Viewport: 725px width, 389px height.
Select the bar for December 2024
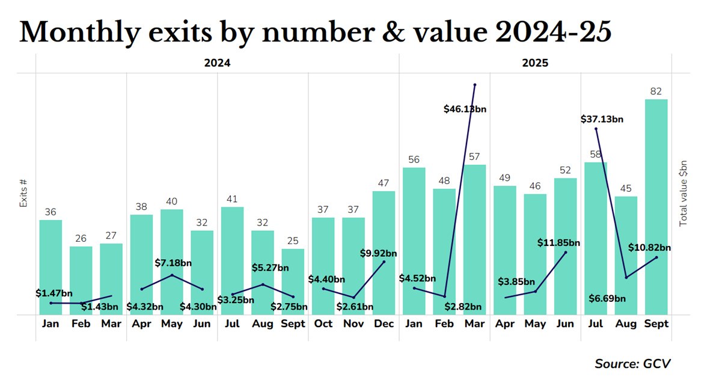[x=384, y=253]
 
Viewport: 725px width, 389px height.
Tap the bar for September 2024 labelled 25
[x=293, y=281]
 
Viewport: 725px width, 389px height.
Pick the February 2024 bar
[x=81, y=280]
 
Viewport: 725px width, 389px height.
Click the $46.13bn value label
[x=465, y=109]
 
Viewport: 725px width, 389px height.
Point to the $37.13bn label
[x=602, y=119]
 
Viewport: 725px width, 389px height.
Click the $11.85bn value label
[x=558, y=243]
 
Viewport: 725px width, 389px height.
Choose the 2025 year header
[x=535, y=63]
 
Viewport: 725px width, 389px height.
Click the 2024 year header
[x=217, y=63]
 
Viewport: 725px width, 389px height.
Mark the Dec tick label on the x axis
[x=384, y=323]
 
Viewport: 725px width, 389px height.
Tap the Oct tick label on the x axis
[x=323, y=323]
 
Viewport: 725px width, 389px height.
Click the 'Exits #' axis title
[x=24, y=194]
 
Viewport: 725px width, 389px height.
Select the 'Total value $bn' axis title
[x=683, y=194]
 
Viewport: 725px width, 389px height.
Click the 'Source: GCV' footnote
[x=632, y=364]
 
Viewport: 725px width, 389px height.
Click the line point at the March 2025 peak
[x=475, y=85]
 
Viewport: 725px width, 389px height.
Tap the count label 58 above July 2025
[x=595, y=155]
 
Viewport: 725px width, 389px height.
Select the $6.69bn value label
[x=623, y=298]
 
